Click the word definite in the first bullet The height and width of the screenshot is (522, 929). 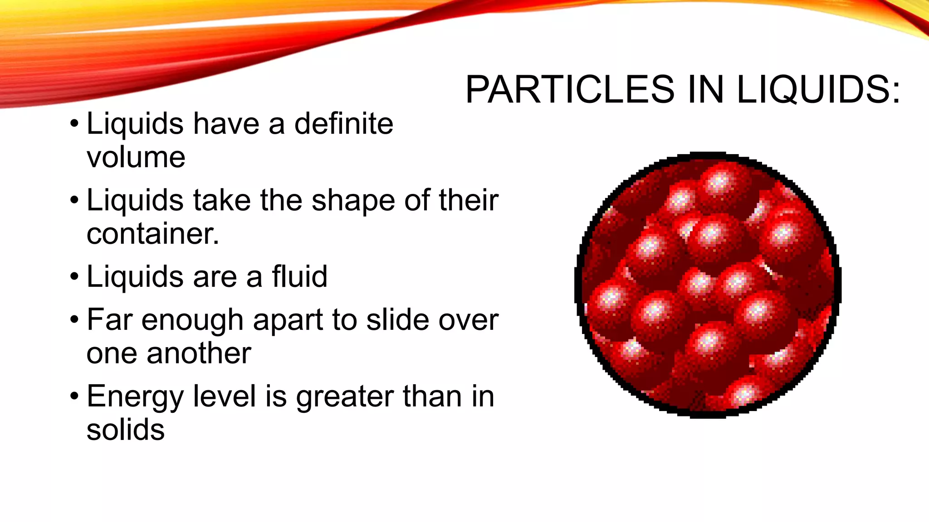[x=343, y=124]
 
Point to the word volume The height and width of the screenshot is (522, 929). [x=136, y=158]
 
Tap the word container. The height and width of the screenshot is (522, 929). [x=153, y=234]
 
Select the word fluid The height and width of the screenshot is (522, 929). [x=299, y=276]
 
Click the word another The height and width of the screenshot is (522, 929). [x=199, y=353]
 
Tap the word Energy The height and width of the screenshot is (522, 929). [x=135, y=397]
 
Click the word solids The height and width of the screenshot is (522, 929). [x=125, y=430]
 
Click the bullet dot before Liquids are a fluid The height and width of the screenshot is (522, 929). [x=74, y=277]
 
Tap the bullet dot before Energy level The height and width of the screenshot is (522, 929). [x=74, y=396]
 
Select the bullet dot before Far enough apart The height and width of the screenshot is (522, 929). [x=74, y=320]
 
